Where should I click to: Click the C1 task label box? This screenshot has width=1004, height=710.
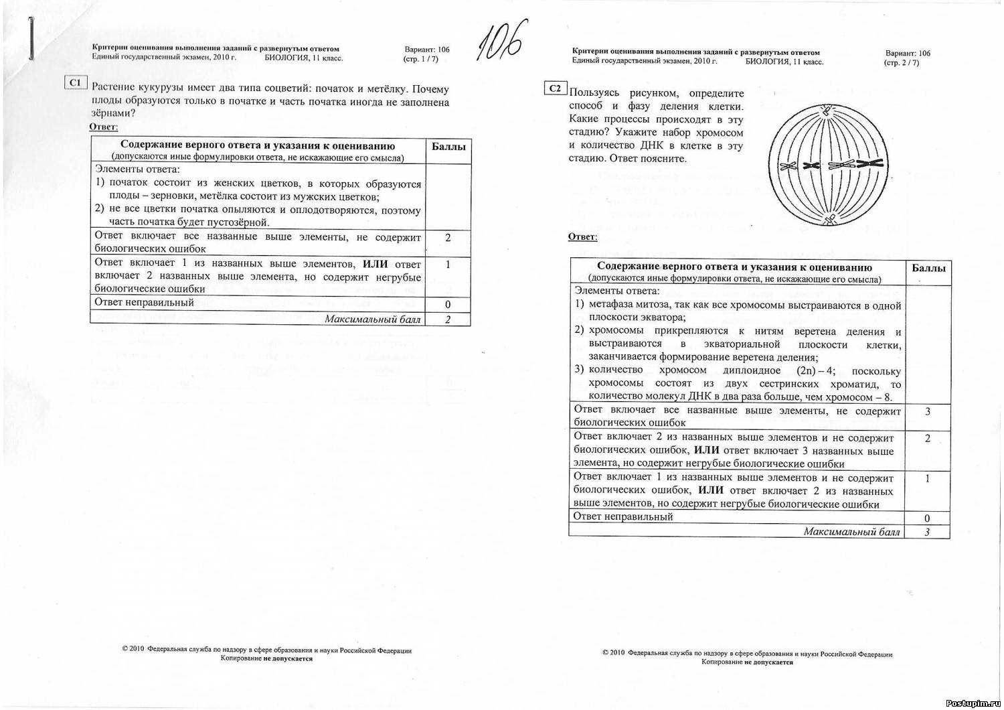click(76, 82)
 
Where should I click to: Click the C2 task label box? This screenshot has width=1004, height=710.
click(556, 88)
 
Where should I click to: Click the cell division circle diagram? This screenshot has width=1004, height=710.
click(828, 165)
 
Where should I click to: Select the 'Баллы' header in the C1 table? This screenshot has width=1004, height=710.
click(448, 147)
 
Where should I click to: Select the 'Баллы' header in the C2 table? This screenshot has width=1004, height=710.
click(928, 268)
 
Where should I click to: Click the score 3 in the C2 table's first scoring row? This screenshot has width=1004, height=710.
click(928, 411)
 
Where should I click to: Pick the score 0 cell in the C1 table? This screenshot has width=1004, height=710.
click(448, 305)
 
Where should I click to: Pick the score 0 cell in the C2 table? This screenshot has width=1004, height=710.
click(927, 518)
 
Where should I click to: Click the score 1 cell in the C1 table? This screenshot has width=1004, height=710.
click(448, 265)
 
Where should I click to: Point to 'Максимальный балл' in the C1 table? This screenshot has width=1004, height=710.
click(372, 319)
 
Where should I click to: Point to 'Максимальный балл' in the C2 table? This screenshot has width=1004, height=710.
click(851, 532)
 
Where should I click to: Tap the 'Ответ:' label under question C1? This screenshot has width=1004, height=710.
click(104, 127)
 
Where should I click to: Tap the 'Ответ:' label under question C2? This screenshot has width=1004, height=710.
click(582, 237)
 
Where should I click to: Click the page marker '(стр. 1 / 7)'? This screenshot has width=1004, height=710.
click(420, 59)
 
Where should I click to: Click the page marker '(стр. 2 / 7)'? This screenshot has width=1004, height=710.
click(901, 63)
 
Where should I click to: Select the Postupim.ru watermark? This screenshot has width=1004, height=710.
click(972, 702)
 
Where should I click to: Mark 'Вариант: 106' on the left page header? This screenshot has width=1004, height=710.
click(427, 50)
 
